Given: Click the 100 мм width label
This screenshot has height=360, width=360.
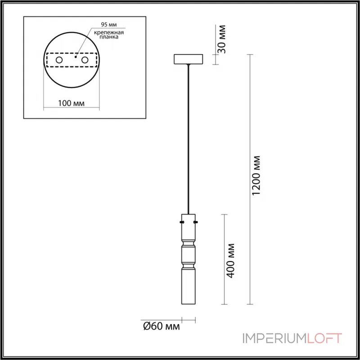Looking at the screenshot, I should click(x=72, y=103).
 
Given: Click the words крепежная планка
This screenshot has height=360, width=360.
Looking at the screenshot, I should click(x=109, y=36).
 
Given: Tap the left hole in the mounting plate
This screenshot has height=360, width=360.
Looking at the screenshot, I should click(x=59, y=60).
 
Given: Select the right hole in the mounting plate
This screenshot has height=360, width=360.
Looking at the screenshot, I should click(x=85, y=60).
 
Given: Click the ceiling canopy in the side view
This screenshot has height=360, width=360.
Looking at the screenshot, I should click(x=188, y=59).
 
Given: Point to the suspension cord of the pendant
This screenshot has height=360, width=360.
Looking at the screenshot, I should click(x=188, y=135).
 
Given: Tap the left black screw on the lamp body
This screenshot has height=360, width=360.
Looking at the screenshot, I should click(x=181, y=222).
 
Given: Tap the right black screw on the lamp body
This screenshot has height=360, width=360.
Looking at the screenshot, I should click(x=196, y=222).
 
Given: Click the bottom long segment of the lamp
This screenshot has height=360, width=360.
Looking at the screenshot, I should click(x=188, y=286).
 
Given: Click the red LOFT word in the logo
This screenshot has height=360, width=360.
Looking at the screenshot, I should click(x=324, y=338).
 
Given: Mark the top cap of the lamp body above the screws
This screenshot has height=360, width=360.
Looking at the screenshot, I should click(x=188, y=216).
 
